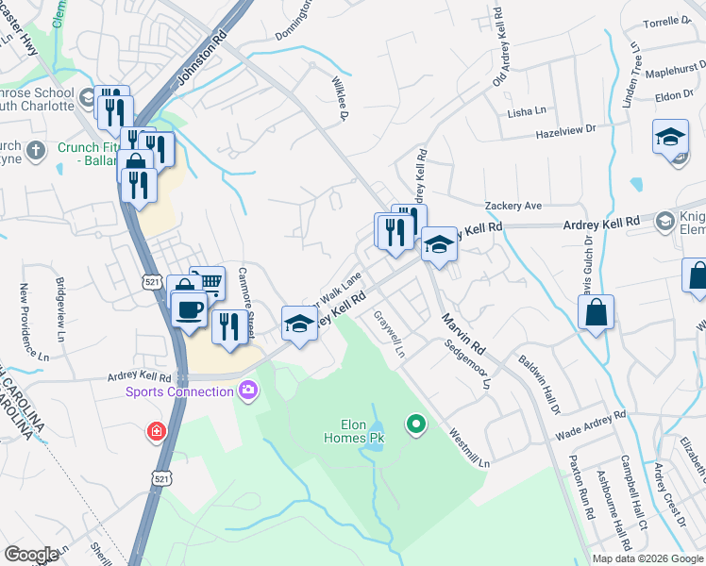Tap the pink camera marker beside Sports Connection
point(248,390)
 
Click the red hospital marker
point(154,433)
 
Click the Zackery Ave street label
point(513,206)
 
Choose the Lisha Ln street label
point(527,111)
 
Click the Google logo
point(31,554)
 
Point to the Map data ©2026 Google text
point(647,558)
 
